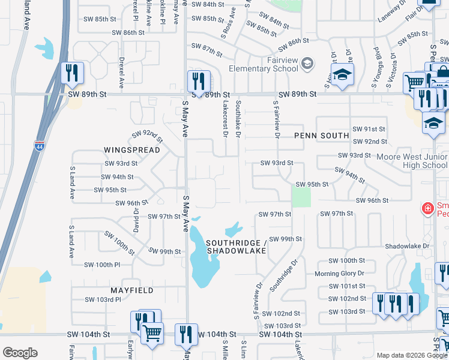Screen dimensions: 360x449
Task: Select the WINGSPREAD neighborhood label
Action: [x=131, y=149]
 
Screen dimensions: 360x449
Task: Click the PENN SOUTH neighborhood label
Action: [x=321, y=136]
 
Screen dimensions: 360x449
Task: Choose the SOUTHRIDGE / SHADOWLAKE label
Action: [x=236, y=247]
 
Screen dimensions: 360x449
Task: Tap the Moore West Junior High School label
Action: [x=412, y=161]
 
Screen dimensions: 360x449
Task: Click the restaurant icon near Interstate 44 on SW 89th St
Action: [x=72, y=73]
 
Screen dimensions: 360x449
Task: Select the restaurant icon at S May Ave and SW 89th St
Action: [x=198, y=80]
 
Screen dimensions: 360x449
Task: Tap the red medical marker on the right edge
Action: [x=427, y=209]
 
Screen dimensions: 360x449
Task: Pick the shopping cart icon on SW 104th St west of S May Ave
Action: [x=152, y=331]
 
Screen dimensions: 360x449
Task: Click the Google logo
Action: [x=20, y=353]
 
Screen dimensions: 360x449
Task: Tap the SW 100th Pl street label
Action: [x=103, y=265]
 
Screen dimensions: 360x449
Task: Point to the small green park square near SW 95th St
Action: [x=301, y=197]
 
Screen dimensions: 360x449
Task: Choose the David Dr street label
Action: [x=136, y=220]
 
